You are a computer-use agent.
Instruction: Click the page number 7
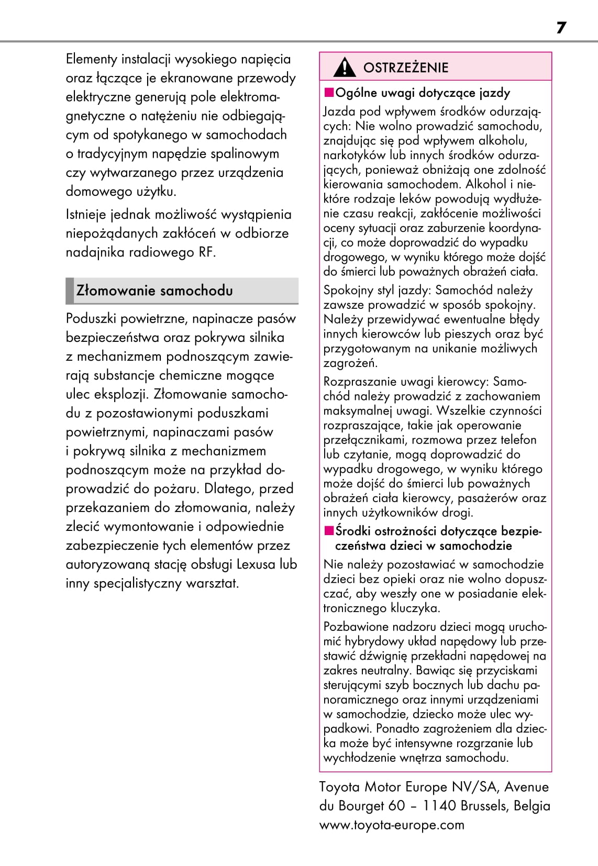tap(561, 28)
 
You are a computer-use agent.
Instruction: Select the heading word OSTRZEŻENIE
tap(406, 68)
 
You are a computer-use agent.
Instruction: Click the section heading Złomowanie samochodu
tap(154, 291)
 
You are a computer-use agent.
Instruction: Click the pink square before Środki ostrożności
tap(329, 531)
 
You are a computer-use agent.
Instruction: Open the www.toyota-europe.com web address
tap(392, 825)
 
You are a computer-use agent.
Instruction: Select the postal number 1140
tap(439, 806)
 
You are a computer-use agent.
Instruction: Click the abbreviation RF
tap(206, 252)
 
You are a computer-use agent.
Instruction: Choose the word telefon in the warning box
tap(518, 440)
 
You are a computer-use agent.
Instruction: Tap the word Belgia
tap(532, 806)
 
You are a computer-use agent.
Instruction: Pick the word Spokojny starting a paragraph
tap(348, 290)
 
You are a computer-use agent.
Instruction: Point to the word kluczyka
tap(415, 608)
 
